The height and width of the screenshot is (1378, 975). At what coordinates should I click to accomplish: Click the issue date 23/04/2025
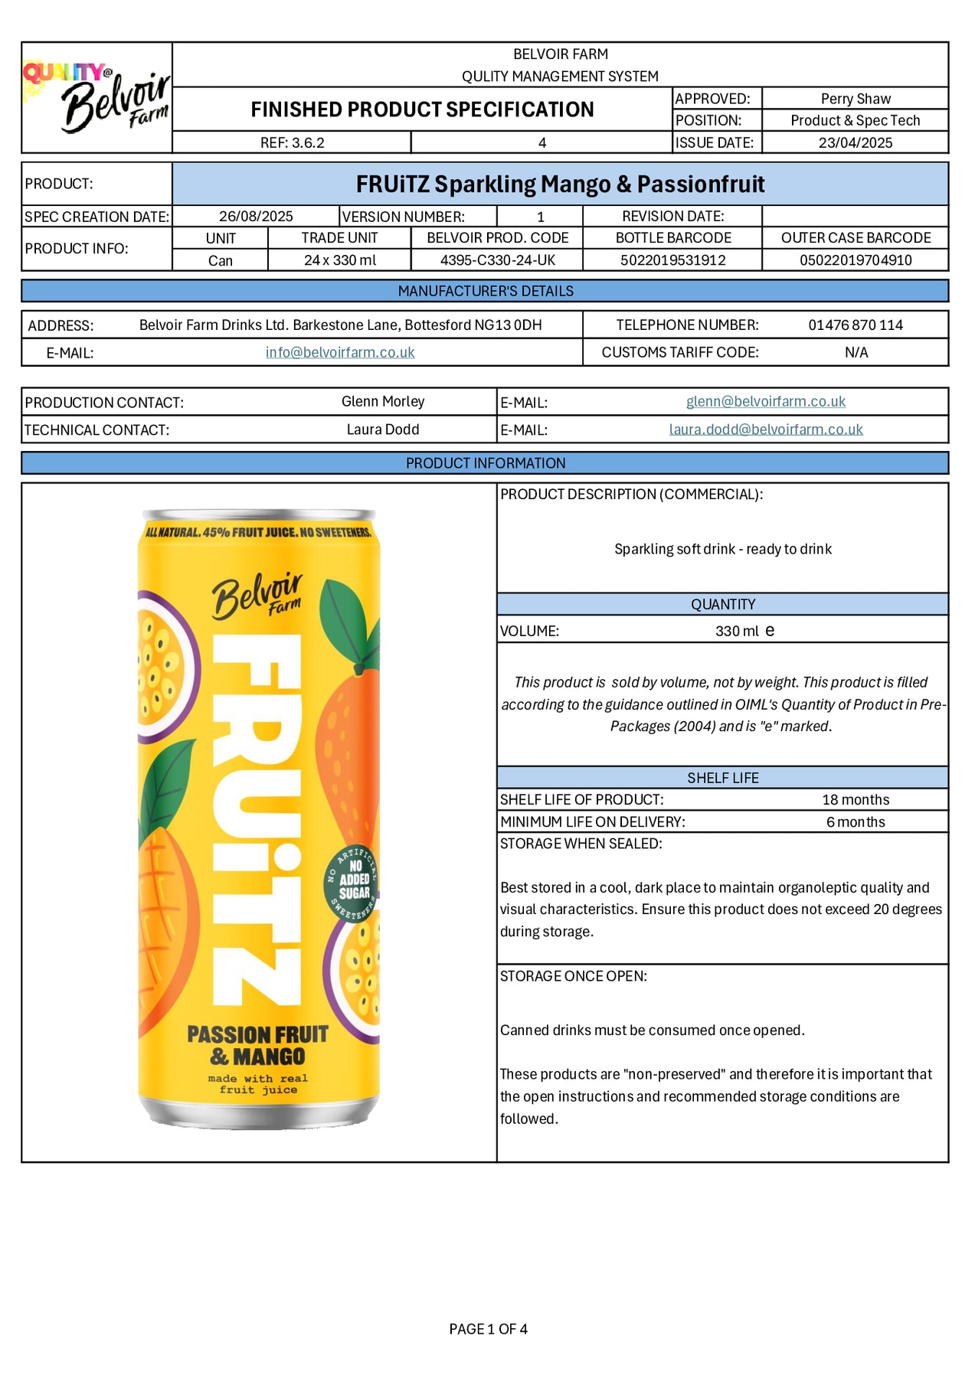click(855, 142)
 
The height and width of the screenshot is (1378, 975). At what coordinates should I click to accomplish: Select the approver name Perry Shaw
click(855, 99)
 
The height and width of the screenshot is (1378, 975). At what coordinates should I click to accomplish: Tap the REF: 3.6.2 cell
click(292, 142)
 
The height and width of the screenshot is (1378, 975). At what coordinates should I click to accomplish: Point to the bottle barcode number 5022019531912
click(672, 260)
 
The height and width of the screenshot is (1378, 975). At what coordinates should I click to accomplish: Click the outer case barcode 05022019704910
click(855, 260)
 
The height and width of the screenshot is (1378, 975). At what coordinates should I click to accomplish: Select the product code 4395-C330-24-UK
click(497, 260)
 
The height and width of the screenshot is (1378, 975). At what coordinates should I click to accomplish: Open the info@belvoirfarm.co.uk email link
click(340, 352)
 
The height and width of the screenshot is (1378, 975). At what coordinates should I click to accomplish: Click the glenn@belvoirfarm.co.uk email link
click(765, 401)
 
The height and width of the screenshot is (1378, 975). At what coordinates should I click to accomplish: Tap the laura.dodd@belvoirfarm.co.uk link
click(765, 429)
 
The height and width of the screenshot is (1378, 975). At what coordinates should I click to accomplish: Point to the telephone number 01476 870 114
click(855, 325)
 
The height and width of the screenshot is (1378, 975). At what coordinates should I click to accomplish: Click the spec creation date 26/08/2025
click(256, 217)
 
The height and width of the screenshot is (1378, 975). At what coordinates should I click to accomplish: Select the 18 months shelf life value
click(855, 800)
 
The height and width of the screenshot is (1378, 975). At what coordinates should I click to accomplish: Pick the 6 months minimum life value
click(855, 822)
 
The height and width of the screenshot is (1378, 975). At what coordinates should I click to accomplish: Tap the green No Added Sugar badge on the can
click(353, 882)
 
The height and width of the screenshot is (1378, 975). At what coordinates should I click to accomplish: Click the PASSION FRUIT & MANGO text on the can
click(258, 1046)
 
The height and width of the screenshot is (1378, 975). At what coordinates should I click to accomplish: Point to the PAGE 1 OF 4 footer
click(488, 1329)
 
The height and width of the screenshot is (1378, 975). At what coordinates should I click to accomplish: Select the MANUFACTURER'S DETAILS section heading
click(485, 291)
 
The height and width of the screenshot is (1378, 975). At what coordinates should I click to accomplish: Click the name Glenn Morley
click(382, 401)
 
